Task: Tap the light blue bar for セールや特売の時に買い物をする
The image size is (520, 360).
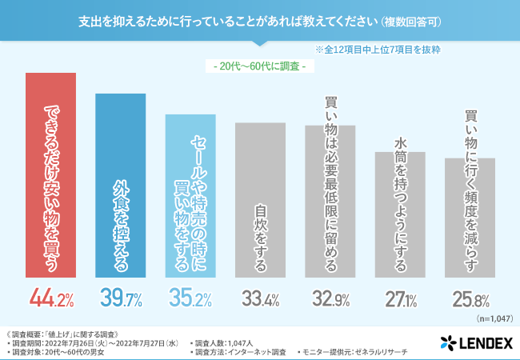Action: click(x=190, y=195)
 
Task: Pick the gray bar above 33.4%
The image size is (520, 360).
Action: click(x=260, y=199)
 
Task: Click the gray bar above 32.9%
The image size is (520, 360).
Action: click(x=330, y=201)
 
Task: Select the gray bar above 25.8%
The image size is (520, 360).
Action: click(x=470, y=217)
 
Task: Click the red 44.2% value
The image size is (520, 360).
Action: click(x=52, y=299)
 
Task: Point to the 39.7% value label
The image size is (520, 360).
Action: click(x=122, y=299)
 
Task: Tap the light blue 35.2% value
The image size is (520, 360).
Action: click(x=190, y=299)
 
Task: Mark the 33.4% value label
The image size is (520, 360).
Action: click(x=260, y=299)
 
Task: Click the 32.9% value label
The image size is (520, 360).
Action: click(x=330, y=299)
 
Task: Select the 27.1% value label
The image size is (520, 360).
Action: click(x=400, y=299)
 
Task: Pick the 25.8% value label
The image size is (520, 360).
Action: click(x=470, y=299)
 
